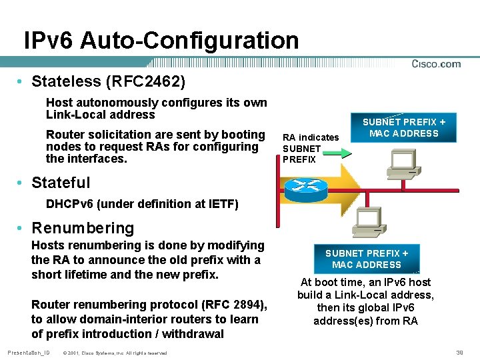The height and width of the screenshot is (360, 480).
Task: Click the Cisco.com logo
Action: [x=436, y=64]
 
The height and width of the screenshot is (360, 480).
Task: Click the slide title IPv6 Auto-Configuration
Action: [x=161, y=40]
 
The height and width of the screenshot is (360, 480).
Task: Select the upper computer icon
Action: [x=404, y=166]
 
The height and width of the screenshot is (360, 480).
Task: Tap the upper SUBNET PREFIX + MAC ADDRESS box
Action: [x=404, y=127]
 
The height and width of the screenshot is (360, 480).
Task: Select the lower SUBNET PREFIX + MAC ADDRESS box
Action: [x=367, y=259]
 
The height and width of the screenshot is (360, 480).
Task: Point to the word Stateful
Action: [x=61, y=183]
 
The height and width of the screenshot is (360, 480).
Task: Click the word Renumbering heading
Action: [x=83, y=228]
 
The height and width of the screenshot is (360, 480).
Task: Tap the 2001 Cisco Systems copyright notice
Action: [x=114, y=353]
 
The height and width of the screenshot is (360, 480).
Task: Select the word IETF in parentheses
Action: [x=221, y=204]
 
